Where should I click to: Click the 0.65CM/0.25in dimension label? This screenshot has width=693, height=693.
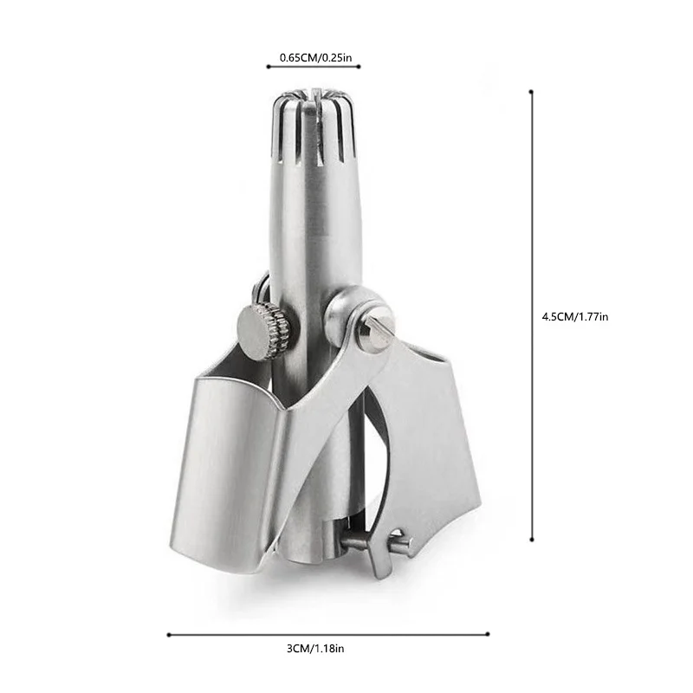point(315,57)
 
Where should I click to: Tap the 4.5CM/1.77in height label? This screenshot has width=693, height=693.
point(575,317)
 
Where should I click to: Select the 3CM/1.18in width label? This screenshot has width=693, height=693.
point(315,649)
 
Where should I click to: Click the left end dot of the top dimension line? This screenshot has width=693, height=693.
point(269,67)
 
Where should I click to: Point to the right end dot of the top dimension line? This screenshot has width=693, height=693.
point(359,67)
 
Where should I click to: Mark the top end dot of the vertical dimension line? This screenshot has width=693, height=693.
point(531,92)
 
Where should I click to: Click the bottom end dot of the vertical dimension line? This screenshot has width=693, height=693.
point(532,540)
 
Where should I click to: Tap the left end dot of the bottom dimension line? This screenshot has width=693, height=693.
point(169,635)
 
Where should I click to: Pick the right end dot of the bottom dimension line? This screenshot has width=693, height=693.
point(488,634)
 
